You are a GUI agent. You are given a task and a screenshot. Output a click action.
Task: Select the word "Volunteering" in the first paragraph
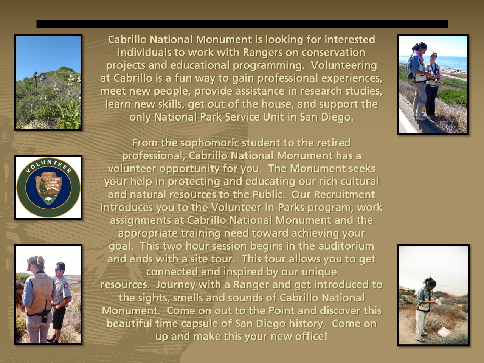coord(344,66)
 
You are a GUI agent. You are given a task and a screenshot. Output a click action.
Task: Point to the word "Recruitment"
coord(344,194)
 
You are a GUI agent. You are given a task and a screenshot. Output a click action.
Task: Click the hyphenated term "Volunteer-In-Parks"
coord(258,207)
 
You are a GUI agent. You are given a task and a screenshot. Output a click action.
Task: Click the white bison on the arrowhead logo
coord(48,199)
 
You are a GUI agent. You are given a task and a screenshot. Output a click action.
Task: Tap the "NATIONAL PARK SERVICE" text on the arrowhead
coord(53,182)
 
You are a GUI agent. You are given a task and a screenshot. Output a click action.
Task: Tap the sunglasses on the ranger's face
coord(57,269)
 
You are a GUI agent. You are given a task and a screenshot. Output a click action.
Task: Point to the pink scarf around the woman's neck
coord(419,56)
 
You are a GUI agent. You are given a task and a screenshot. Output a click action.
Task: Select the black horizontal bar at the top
coord(242,24)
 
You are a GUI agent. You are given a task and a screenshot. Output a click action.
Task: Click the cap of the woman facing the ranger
coord(33,261)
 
